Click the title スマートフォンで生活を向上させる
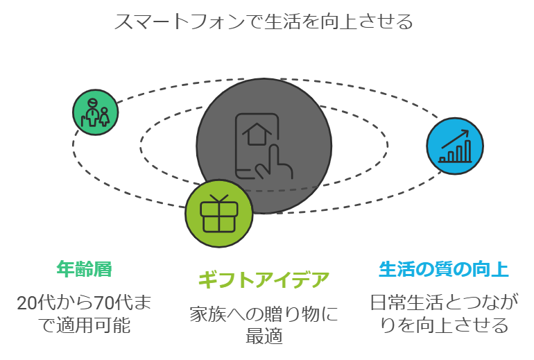(x=264, y=21)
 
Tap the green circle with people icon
(x=96, y=112)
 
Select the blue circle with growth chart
(x=455, y=146)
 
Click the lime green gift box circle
(x=219, y=214)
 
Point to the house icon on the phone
(x=257, y=134)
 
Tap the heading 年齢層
(x=85, y=269)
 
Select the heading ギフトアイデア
(x=264, y=280)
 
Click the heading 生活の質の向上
(x=444, y=269)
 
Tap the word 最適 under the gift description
(x=264, y=336)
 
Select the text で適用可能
(x=84, y=325)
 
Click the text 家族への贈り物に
(x=264, y=314)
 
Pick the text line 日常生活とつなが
(x=444, y=302)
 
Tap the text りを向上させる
(x=444, y=325)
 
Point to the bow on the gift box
(x=219, y=198)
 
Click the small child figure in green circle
(x=104, y=117)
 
